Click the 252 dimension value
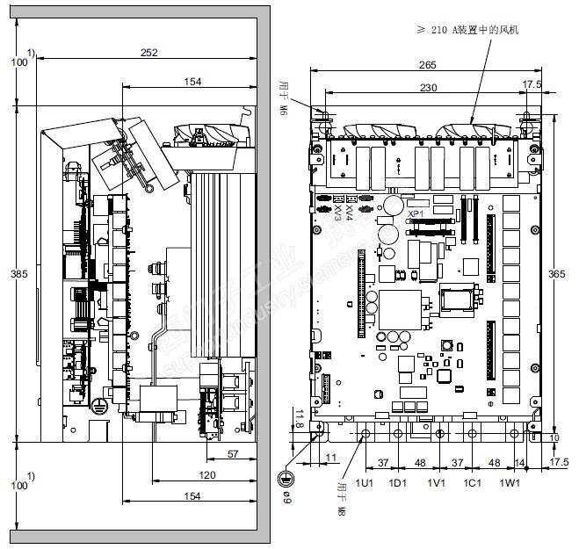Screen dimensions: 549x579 tap(148, 54)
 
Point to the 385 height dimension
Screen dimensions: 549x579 tap(18, 274)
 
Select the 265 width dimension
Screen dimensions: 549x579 tap(427, 65)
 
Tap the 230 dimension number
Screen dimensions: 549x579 tap(427, 87)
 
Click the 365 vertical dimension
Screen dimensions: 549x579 tap(557, 274)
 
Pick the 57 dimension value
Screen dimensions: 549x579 tap(233, 454)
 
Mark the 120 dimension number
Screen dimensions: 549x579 tap(206, 475)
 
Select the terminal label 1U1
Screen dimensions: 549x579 tap(365, 483)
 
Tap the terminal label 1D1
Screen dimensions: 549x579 tap(398, 483)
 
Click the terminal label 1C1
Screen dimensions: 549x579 tap(473, 483)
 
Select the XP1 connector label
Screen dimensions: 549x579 tap(416, 213)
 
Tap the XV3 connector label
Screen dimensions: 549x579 tap(338, 213)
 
